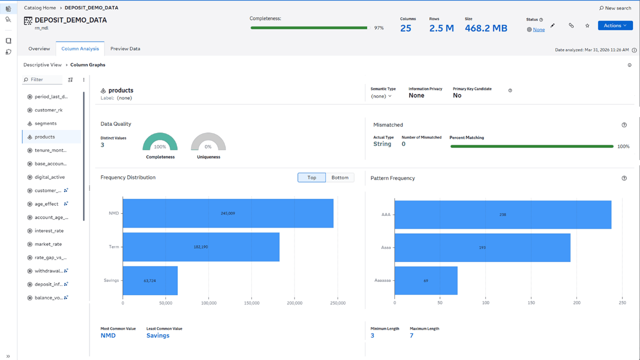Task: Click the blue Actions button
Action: pos(615,25)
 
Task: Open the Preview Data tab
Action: pos(125,48)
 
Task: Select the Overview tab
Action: pos(39,48)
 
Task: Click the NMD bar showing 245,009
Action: pos(228,213)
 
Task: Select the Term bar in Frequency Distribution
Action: pos(201,247)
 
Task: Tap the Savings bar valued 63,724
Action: pos(150,280)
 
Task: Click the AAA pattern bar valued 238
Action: pos(502,214)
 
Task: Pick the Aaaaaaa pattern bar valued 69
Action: pos(425,280)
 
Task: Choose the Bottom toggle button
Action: pos(339,177)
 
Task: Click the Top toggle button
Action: pos(311,177)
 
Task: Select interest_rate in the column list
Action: pos(49,231)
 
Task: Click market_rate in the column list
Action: pos(48,244)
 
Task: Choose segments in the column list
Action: pos(45,123)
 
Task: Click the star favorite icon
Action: pos(587,25)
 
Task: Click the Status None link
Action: pos(538,29)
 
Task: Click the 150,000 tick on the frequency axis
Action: pos(251,303)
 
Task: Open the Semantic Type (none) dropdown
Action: pos(381,96)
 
